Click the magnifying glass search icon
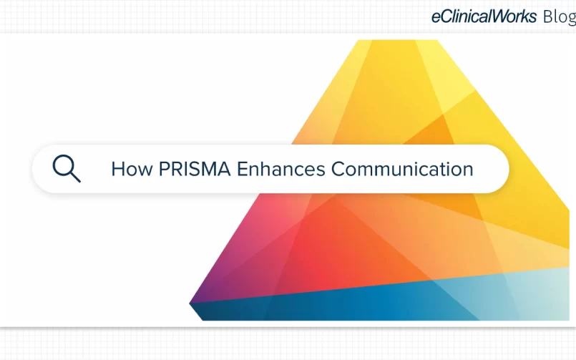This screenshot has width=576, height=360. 67,169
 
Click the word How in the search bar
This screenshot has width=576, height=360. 132,170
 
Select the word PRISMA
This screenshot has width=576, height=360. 195,170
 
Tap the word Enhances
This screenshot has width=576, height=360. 281,170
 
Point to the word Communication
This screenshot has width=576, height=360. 402,170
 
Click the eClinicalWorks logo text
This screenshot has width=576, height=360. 484,16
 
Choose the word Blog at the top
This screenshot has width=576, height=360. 560,17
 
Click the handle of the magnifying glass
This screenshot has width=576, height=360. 75,177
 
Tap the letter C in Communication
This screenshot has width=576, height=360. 338,170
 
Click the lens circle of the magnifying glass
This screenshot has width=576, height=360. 64,165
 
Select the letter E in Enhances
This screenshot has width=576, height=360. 243,170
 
